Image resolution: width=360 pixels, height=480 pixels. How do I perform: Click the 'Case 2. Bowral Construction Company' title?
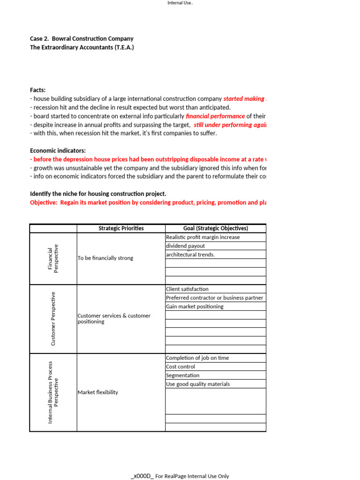[x=82, y=38]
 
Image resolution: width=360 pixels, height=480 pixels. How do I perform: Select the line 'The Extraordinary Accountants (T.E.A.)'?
[x=82, y=47]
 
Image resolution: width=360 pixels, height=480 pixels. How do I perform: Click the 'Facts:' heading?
[x=38, y=90]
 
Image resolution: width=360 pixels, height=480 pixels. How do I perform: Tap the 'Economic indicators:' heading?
[x=58, y=150]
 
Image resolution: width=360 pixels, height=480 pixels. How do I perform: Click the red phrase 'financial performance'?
[x=215, y=116]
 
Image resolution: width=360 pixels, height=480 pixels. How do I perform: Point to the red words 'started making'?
[x=244, y=99]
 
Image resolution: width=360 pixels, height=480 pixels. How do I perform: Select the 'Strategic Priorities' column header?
[x=121, y=228]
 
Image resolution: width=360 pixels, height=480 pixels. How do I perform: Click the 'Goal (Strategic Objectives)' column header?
[x=216, y=228]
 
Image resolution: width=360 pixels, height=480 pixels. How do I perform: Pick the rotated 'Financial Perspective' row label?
[x=53, y=258]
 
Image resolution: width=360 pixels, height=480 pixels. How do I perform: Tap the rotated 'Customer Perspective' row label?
[x=53, y=319]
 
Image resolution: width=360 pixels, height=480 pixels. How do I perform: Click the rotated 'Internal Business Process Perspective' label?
[x=53, y=392]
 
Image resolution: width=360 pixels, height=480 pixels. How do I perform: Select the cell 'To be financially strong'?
[x=105, y=258]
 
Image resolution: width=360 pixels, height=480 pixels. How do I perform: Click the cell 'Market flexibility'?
[x=98, y=392]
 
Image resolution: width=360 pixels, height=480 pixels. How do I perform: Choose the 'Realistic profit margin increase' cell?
[x=203, y=237]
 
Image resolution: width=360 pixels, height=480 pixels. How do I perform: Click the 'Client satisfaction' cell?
[x=187, y=289]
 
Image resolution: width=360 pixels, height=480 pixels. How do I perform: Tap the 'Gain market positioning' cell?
[x=195, y=307]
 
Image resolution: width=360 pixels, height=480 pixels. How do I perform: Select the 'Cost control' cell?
[x=180, y=367]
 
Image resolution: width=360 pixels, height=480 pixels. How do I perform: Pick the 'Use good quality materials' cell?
[x=198, y=384]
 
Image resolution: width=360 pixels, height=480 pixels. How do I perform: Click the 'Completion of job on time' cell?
[x=197, y=358]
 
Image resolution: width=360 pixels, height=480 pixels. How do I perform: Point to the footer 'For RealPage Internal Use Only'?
[x=192, y=476]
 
